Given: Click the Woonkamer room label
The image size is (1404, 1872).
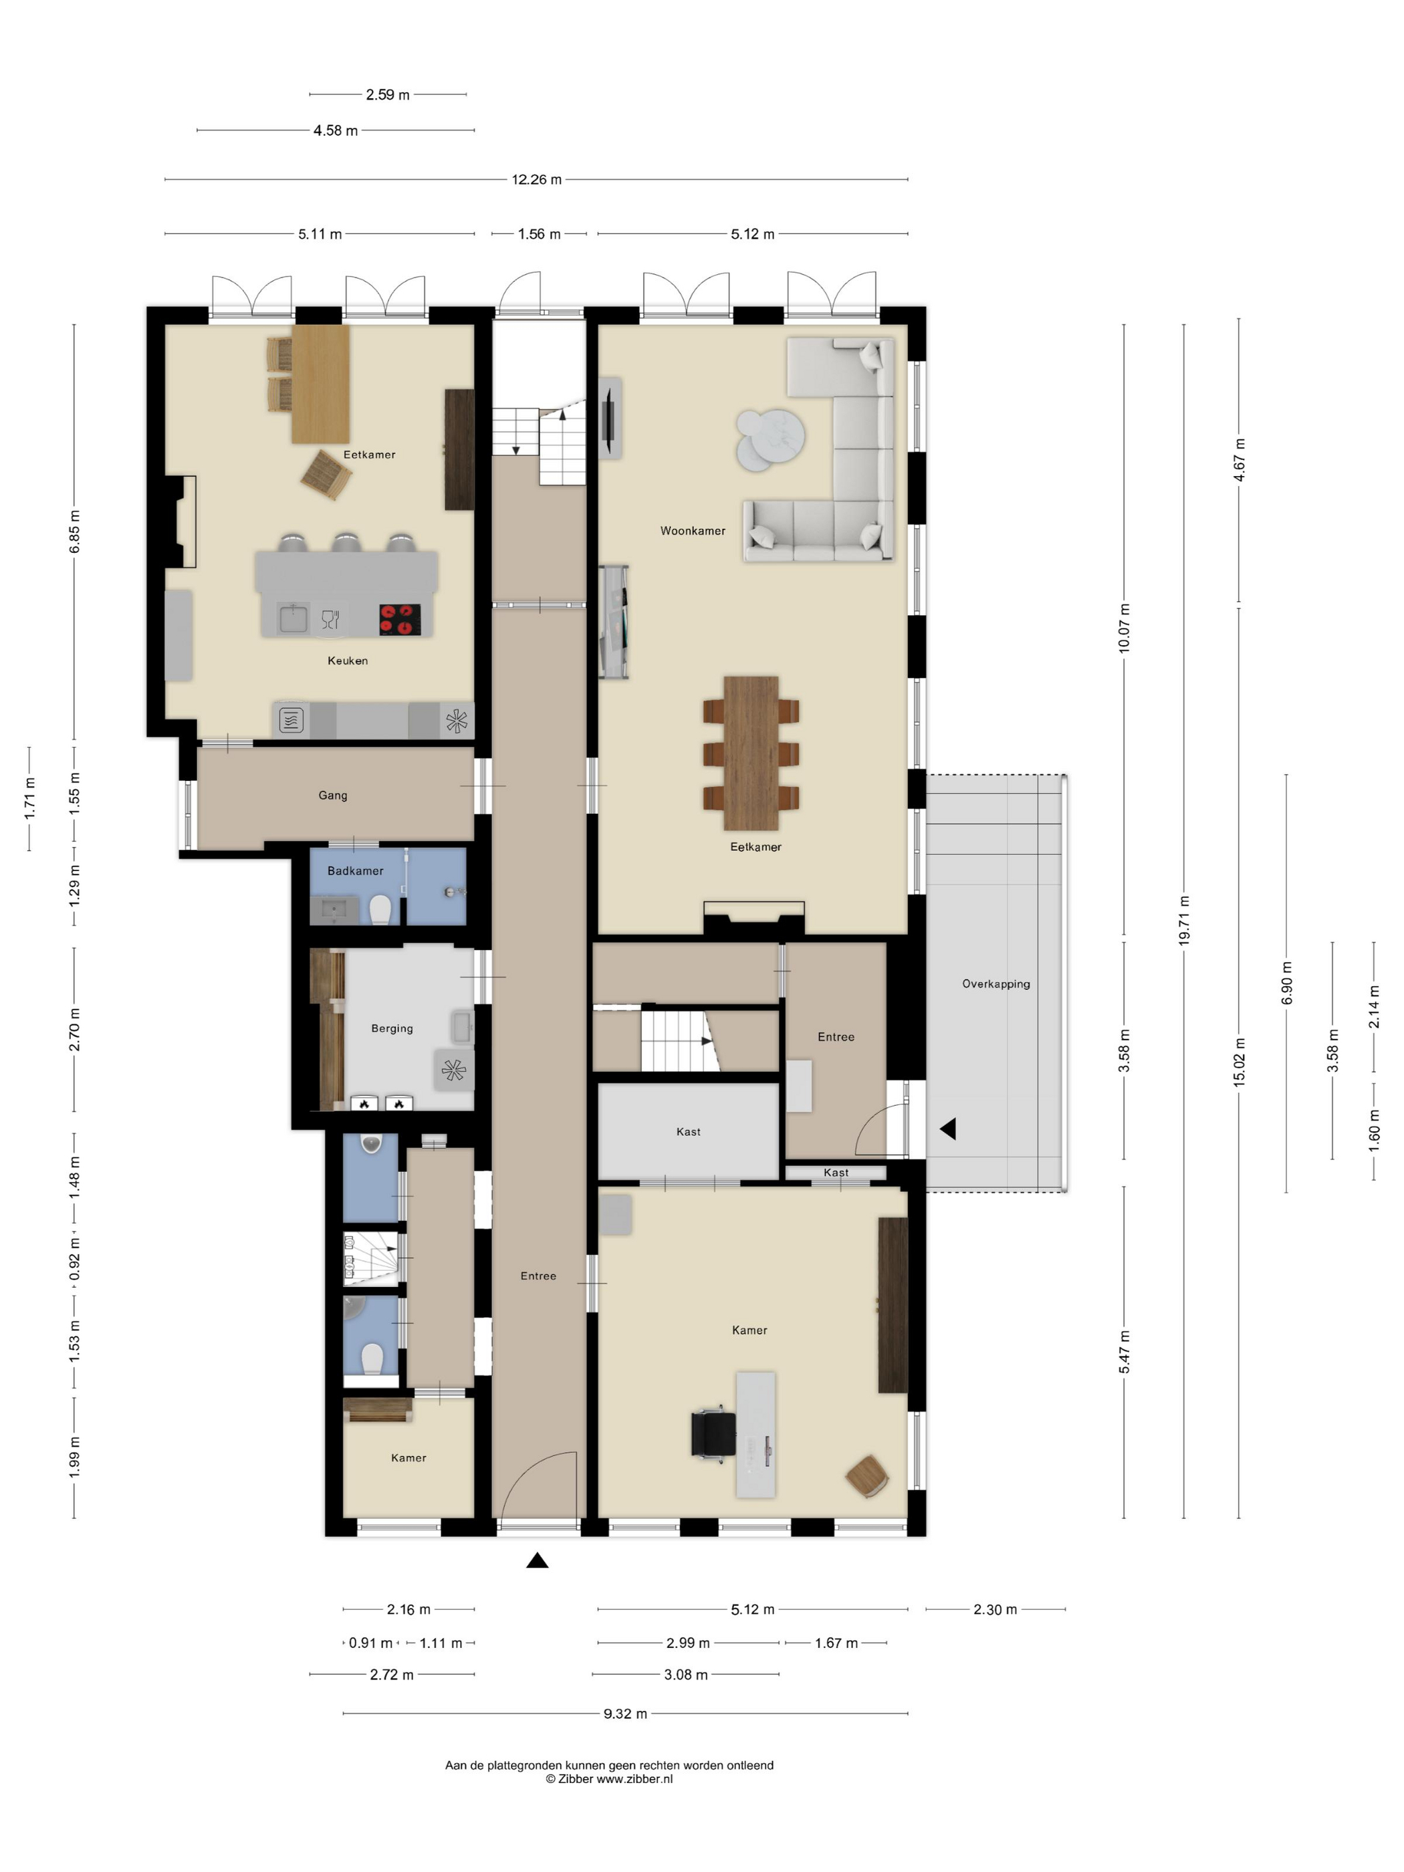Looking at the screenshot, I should tap(692, 531).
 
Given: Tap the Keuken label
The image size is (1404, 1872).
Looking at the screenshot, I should tap(347, 660).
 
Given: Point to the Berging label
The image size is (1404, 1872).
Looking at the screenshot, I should tap(392, 1028).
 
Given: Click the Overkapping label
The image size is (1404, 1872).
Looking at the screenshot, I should tap(996, 983).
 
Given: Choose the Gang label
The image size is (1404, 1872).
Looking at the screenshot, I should tap(332, 795).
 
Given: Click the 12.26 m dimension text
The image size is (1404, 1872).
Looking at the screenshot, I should tap(536, 179).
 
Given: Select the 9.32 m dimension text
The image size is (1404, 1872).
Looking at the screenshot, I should tap(624, 1714).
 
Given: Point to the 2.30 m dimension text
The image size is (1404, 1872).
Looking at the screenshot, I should tap(994, 1609).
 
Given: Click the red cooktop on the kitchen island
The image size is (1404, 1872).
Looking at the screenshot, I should tap(399, 618).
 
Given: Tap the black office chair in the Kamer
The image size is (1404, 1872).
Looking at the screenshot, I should tap(713, 1435).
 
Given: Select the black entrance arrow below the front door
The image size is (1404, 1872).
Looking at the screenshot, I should tap(538, 1560).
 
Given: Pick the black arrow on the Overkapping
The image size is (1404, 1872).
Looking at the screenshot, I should tap(949, 1128).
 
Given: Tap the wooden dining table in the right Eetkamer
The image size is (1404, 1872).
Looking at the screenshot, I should tap(751, 752).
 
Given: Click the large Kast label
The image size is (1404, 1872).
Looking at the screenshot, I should tap(688, 1131).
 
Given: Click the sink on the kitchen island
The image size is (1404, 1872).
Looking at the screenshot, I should tap(294, 618).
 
